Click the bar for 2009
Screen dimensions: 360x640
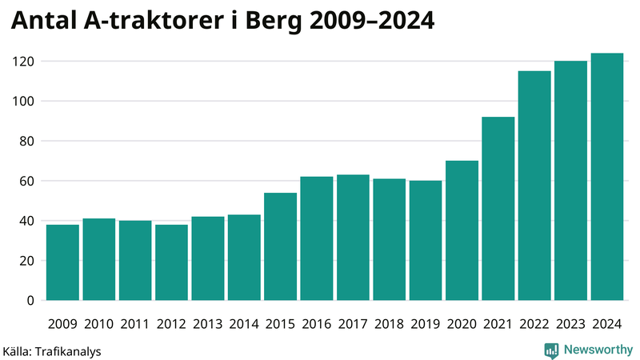(62, 262)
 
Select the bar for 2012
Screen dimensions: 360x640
(171, 262)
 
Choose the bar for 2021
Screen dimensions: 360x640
(498, 209)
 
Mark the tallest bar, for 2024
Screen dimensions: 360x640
(606, 177)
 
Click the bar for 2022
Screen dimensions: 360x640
(534, 186)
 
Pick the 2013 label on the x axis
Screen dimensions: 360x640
(207, 324)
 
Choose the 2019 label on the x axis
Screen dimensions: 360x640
(425, 324)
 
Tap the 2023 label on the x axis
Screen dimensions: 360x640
(570, 324)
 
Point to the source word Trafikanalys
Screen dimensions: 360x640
(68, 350)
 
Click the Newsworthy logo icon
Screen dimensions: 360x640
(551, 350)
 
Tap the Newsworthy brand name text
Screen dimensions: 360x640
(597, 350)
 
